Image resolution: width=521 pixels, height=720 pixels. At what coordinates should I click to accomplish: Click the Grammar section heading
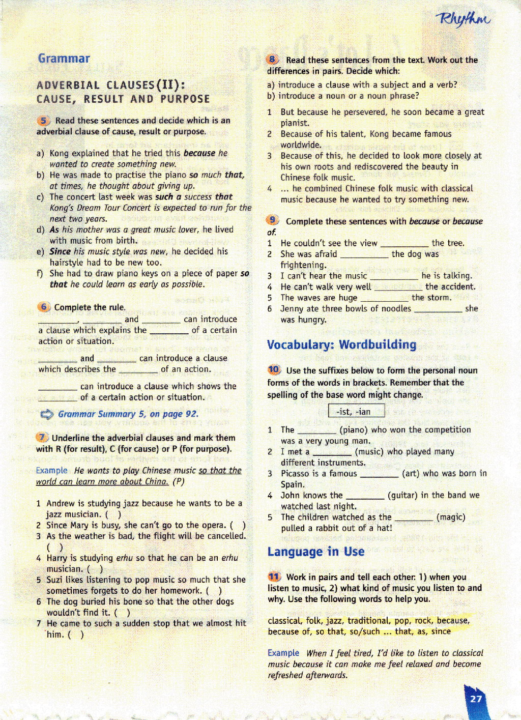click(64, 59)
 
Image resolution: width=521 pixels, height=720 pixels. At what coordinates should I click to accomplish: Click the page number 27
click(476, 699)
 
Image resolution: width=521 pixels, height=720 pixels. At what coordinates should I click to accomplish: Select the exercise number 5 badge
click(44, 121)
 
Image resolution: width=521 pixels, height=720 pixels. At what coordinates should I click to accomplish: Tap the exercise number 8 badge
click(273, 60)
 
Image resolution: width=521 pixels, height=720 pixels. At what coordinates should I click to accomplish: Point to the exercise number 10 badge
click(274, 370)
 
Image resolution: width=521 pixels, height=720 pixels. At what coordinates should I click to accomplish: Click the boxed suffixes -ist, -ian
click(356, 411)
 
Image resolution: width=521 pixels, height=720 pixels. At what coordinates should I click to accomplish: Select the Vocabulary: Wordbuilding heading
click(341, 344)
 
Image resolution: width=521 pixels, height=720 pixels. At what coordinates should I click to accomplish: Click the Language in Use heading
click(315, 552)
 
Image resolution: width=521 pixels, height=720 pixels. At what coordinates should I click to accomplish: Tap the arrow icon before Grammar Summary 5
click(47, 414)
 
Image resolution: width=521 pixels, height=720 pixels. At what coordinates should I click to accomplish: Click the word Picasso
click(295, 473)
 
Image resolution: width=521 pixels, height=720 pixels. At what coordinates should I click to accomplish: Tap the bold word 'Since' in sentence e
click(60, 251)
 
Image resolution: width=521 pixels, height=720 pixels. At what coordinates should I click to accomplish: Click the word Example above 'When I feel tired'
click(283, 653)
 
